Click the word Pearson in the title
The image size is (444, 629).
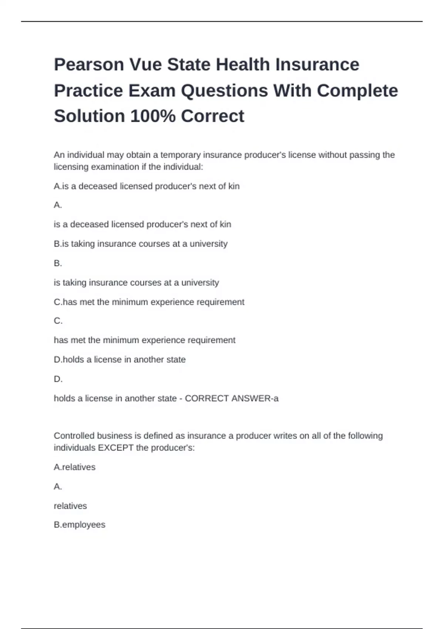[89, 65]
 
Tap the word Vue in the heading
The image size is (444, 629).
[145, 65]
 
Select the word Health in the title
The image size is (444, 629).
[243, 65]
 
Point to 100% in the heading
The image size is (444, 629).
[153, 116]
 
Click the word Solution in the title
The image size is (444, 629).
[90, 116]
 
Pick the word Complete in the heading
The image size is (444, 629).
[357, 91]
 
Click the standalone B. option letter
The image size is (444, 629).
[58, 263]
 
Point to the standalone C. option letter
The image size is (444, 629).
[58, 321]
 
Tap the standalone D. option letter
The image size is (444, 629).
[58, 379]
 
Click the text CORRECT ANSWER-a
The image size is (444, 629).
[232, 398]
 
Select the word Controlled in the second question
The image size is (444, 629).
[74, 435]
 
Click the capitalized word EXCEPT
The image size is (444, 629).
[115, 448]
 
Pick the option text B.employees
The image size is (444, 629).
[80, 525]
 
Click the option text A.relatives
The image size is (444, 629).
[74, 467]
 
